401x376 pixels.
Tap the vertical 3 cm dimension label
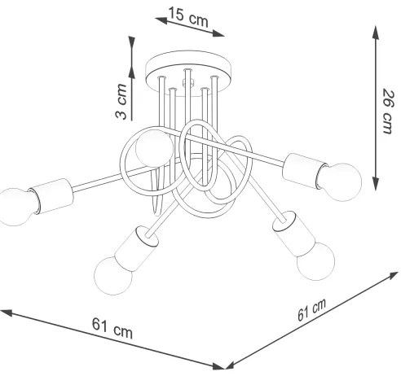click(x=120, y=102)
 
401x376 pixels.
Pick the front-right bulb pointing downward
click(x=316, y=261)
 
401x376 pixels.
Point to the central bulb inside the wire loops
click(x=152, y=148)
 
